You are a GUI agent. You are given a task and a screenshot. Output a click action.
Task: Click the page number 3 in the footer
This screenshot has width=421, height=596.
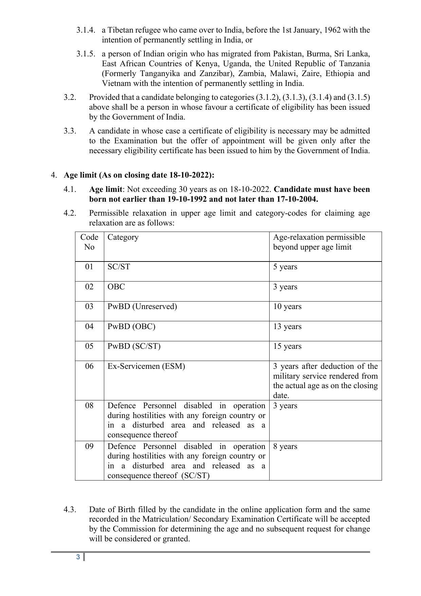coord(78,557)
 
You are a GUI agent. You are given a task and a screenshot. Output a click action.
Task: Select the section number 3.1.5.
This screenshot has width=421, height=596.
coord(86,54)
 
